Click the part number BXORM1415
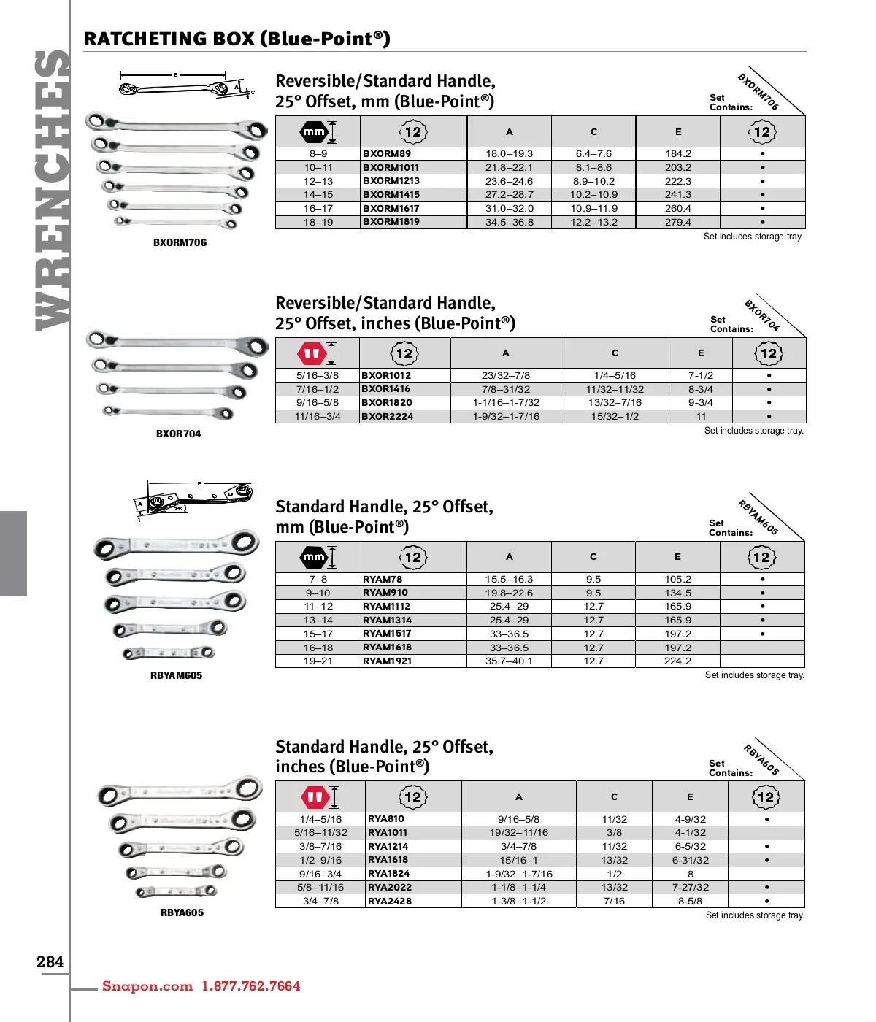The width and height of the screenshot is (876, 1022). tap(391, 195)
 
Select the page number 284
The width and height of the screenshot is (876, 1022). tap(50, 962)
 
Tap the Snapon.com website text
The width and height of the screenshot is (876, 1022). tap(147, 986)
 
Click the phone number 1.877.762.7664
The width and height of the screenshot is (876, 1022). tap(251, 986)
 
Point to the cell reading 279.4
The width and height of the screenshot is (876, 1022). tap(677, 222)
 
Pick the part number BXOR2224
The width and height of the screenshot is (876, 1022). tap(388, 416)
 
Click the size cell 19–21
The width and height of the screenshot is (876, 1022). tap(318, 661)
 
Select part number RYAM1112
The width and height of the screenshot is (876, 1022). tap(387, 607)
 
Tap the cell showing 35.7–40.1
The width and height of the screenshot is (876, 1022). tap(509, 661)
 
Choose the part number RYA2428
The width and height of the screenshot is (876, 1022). tap(390, 901)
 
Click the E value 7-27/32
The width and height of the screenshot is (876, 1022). tap(690, 887)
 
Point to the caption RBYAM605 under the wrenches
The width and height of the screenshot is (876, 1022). tap(176, 675)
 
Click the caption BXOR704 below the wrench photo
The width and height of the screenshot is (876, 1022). tap(178, 434)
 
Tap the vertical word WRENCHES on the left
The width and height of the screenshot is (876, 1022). tap(53, 190)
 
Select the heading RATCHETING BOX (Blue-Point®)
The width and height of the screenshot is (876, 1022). tap(237, 39)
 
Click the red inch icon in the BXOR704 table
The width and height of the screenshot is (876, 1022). tap(312, 354)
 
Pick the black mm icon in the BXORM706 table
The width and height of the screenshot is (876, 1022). tap(314, 132)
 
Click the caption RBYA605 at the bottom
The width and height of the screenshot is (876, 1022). tap(182, 912)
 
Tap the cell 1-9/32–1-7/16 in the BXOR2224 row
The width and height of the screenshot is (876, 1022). tap(505, 416)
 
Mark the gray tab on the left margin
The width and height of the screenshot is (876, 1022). tap(13, 553)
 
